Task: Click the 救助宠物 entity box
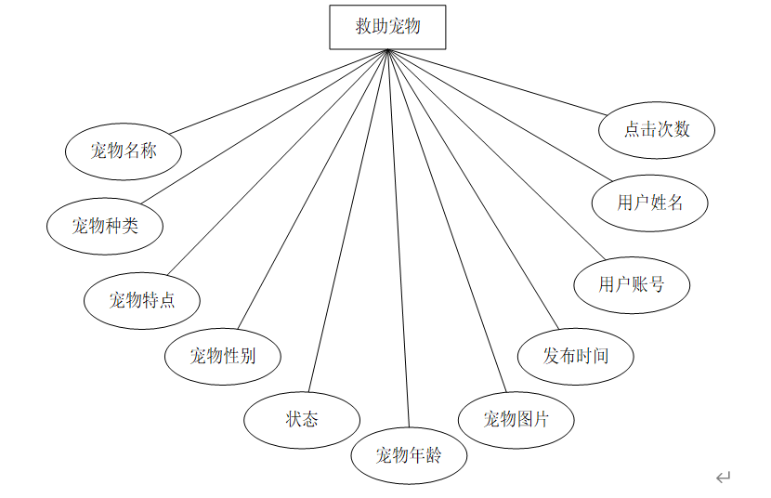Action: click(x=387, y=27)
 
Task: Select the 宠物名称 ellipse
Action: click(x=124, y=151)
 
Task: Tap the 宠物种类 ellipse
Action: click(x=105, y=225)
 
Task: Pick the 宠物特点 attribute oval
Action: click(x=142, y=299)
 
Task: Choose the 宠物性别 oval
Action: click(x=223, y=355)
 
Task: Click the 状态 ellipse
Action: click(x=302, y=419)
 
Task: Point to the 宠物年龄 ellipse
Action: click(x=409, y=455)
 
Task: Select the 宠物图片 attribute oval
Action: click(x=516, y=419)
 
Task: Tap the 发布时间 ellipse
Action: click(x=576, y=355)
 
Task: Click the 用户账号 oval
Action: click(x=632, y=284)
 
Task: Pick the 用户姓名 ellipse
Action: click(x=650, y=202)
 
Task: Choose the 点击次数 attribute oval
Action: click(x=657, y=129)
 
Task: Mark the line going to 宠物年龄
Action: click(x=399, y=242)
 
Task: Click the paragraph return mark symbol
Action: click(x=723, y=478)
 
